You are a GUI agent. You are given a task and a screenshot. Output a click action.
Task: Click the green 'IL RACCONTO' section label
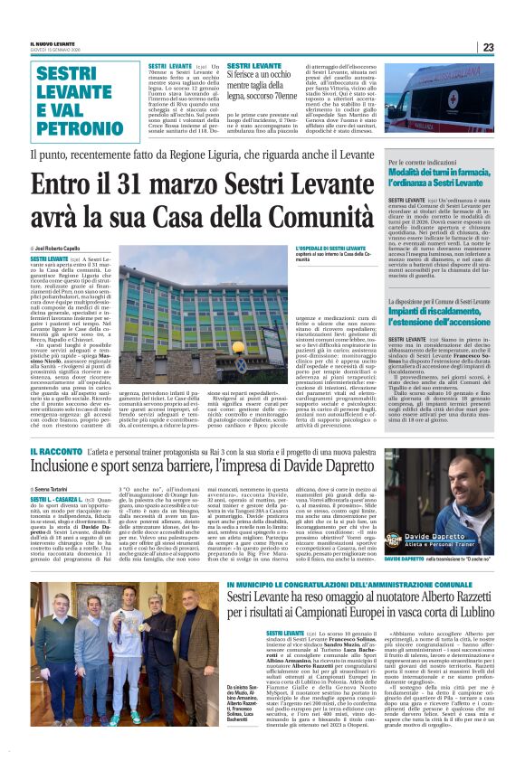click(x=58, y=451)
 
